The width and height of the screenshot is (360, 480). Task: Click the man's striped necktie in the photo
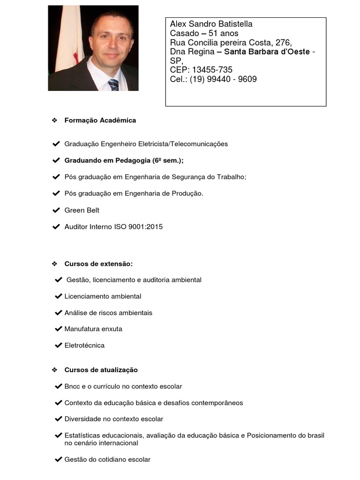[113, 84]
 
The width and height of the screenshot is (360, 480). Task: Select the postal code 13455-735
[212, 70]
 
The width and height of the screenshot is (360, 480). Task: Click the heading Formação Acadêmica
[100, 120]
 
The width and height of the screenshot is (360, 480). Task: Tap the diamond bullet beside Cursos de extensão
[54, 264]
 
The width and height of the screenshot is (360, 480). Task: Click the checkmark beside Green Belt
[56, 210]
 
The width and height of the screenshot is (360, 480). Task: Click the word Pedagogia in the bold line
[133, 160]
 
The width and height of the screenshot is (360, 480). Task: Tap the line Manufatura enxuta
[93, 329]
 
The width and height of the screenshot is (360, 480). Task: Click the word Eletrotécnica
[84, 345]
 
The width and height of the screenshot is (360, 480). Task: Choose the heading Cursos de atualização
[101, 370]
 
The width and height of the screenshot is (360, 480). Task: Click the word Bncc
[73, 387]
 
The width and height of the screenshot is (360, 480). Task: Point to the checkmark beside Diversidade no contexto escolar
[59, 419]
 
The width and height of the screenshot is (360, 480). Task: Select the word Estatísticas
[82, 435]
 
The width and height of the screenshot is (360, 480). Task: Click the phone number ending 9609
[224, 79]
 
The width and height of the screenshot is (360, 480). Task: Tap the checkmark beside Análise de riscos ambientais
[59, 313]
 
